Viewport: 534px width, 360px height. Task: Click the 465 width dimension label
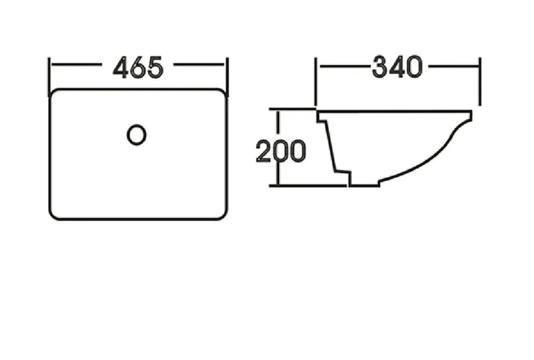[138, 67]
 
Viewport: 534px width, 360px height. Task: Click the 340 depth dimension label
[397, 67]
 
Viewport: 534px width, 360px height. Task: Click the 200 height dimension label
[281, 151]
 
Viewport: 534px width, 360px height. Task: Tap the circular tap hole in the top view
[137, 135]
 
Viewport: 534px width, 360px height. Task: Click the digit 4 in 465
[121, 67]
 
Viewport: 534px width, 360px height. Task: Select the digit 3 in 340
[380, 67]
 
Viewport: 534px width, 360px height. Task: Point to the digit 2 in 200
[264, 151]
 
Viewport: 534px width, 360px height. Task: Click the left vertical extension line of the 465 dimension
[49, 77]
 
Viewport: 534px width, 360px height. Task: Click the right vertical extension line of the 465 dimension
[227, 77]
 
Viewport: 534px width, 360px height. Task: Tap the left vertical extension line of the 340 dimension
[316, 81]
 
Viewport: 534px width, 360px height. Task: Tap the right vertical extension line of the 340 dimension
[480, 81]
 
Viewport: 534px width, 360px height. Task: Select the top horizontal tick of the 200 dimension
[292, 109]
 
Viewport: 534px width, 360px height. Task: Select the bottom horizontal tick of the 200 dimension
[308, 186]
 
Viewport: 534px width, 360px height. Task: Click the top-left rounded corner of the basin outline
[53, 92]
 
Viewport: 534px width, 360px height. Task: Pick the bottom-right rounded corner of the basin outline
[223, 216]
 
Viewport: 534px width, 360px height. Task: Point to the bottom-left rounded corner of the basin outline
[53, 216]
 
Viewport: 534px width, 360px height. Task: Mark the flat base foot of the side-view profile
[364, 186]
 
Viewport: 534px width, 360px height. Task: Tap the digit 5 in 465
[156, 67]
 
